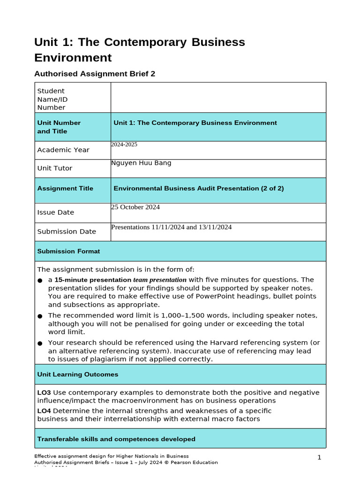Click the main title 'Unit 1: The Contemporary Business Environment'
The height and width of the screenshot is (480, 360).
139,50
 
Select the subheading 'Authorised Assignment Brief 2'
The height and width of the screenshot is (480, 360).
95,74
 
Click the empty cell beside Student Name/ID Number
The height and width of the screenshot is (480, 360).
218,97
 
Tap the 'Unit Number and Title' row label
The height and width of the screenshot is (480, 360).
59,127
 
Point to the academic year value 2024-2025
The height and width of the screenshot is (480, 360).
124,145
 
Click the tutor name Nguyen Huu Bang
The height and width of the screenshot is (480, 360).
141,163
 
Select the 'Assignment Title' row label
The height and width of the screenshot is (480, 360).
65,188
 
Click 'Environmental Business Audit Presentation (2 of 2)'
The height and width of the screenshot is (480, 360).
199,188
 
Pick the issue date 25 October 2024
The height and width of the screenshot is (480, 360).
135,207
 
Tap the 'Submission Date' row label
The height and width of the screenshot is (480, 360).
67,232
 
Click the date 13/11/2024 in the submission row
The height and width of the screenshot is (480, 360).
215,227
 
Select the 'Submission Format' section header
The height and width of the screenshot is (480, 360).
68,251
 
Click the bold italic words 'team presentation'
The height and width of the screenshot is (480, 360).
160,280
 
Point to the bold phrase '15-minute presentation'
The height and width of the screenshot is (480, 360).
93,280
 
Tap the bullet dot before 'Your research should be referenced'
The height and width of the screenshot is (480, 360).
40,344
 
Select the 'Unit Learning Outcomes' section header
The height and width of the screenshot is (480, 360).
77,375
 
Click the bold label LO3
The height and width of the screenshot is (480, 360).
44,392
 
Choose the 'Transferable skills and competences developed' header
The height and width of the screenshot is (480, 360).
116,439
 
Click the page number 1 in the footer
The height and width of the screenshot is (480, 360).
319,457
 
